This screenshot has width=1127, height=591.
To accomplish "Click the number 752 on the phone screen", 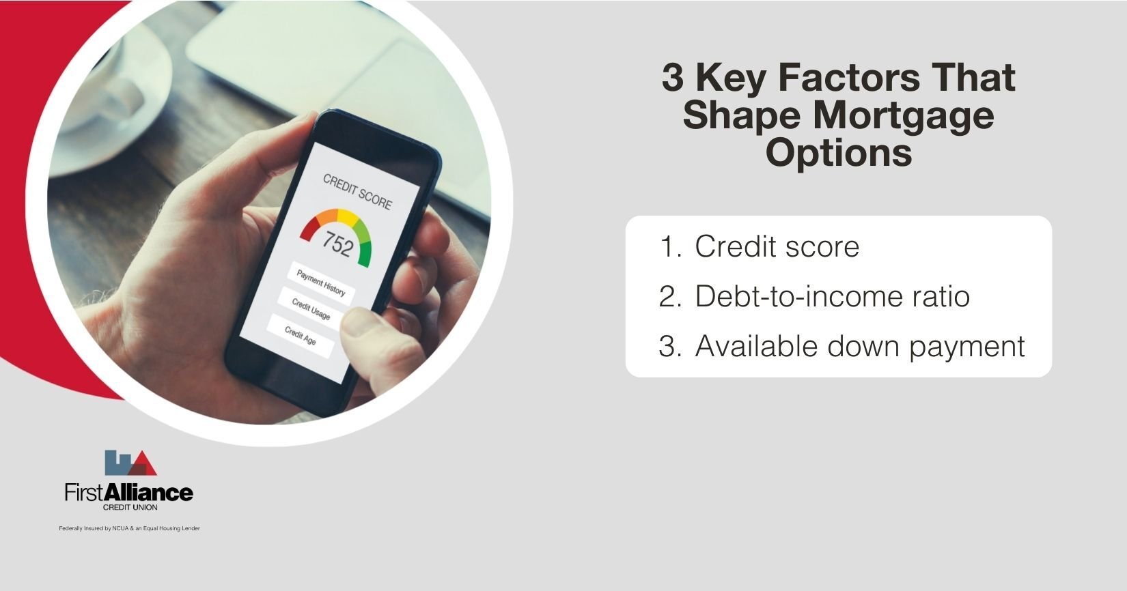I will click(x=337, y=243).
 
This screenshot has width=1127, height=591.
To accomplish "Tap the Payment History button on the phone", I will click(x=320, y=282).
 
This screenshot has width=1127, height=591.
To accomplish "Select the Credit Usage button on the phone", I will click(x=311, y=308).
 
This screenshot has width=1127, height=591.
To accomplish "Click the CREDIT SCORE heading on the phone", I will click(x=357, y=192).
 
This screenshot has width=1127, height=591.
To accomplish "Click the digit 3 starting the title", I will click(x=672, y=78).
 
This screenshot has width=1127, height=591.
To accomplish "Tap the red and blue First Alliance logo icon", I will click(x=130, y=463).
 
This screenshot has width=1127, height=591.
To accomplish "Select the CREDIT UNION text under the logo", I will click(x=130, y=508).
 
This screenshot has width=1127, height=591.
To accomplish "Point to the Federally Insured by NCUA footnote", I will click(x=130, y=529).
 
